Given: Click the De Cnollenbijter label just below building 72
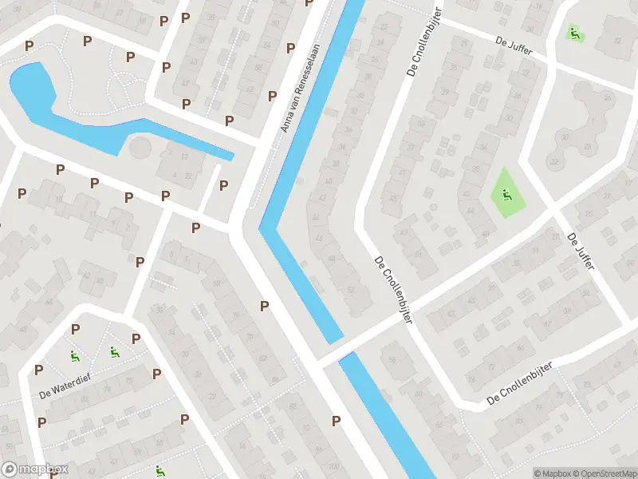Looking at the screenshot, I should tap(517, 385).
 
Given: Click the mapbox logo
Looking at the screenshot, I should tap(35, 469).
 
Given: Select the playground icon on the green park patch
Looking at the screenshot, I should tap(506, 193).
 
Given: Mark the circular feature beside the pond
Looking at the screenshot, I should tap(140, 148).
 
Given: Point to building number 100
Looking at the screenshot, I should tap(333, 465).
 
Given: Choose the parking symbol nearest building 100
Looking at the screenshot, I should tap(337, 421).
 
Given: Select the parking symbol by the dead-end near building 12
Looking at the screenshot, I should tap(223, 186).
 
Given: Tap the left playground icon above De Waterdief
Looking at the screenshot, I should tap(74, 356).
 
